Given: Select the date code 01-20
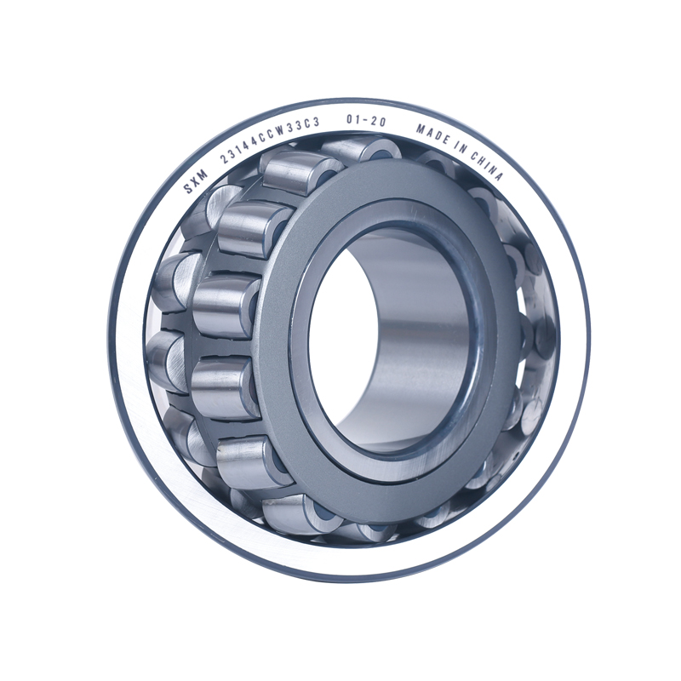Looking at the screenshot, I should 366,122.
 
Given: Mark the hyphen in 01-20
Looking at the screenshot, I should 366,122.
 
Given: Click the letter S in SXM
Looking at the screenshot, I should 188,185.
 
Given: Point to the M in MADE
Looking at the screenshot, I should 421,129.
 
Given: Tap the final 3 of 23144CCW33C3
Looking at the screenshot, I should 316,124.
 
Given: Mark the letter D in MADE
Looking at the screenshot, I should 438,137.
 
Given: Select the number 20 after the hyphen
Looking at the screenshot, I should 378,123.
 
